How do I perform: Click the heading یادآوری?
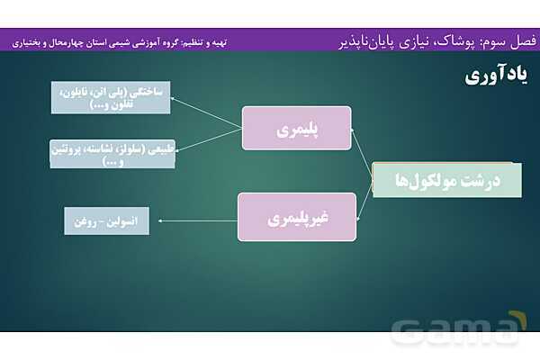tap(494, 76)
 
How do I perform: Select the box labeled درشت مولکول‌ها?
tap(446, 180)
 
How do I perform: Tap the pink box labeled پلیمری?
tap(297, 128)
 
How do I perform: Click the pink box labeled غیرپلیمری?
tap(296, 216)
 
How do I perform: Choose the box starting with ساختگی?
tap(111, 96)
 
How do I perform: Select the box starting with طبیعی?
tap(112, 154)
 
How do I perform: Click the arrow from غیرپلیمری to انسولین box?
tap(193, 219)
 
